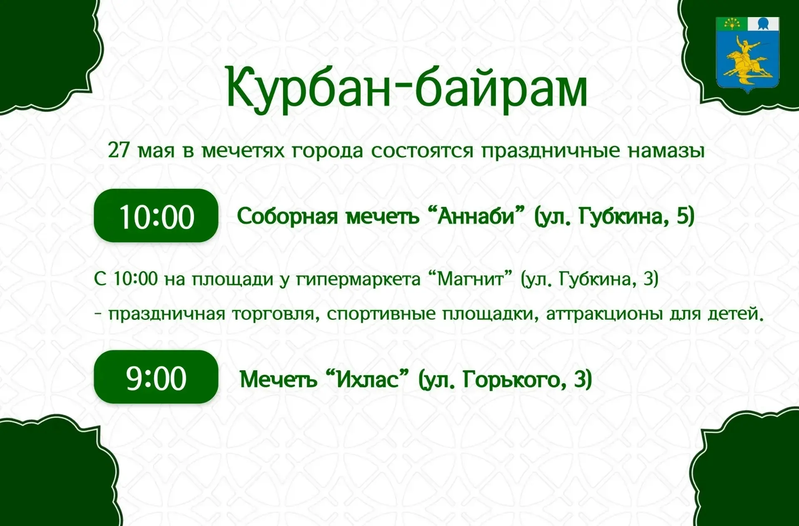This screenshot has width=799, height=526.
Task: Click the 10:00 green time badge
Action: click(x=156, y=215)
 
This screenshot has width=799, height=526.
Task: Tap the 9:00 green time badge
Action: click(x=156, y=377)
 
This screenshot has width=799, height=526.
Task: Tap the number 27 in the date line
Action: click(x=119, y=150)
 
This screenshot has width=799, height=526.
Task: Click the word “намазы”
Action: click(x=666, y=151)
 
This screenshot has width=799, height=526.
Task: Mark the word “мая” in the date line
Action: click(x=156, y=151)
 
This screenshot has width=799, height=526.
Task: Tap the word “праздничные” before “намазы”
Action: click(x=551, y=151)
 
